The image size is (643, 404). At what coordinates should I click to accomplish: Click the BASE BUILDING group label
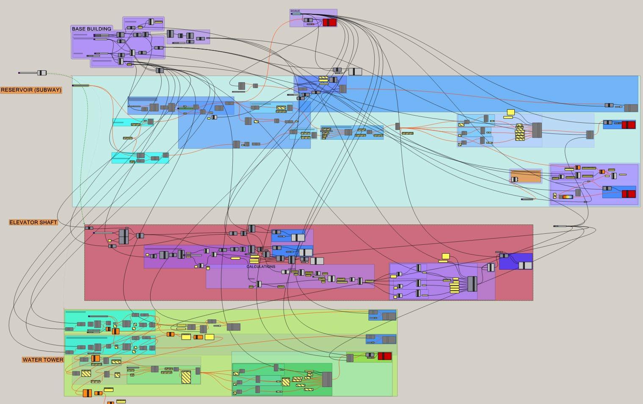[x=91, y=29]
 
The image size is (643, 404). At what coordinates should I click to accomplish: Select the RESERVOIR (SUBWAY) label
[x=31, y=90]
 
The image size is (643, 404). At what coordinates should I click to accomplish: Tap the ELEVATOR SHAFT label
[x=33, y=222]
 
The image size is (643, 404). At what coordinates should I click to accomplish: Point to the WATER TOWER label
[x=43, y=360]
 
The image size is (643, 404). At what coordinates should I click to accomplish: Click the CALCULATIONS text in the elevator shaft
[x=261, y=267]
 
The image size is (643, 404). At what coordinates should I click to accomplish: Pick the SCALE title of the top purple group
[x=295, y=11]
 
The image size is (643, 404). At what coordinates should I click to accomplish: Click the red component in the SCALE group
[x=329, y=22]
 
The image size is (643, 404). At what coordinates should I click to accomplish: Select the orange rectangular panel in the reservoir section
[x=526, y=176]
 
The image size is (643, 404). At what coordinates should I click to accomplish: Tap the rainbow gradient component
[x=567, y=196]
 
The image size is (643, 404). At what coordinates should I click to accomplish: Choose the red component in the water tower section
[x=384, y=356]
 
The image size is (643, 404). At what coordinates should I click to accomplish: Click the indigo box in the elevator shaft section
[x=516, y=261]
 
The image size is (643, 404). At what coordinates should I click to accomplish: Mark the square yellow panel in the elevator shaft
[x=445, y=256]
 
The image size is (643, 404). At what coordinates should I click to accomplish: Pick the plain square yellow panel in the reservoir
[x=511, y=112]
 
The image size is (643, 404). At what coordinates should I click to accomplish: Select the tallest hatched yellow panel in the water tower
[x=186, y=377]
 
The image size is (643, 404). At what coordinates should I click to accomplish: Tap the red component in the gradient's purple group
[x=629, y=194]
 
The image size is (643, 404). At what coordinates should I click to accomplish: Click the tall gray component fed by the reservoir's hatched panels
[x=537, y=130]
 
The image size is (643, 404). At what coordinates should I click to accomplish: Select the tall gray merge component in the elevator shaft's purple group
[x=472, y=284]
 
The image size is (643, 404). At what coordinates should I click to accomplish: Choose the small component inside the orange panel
[x=515, y=180]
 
